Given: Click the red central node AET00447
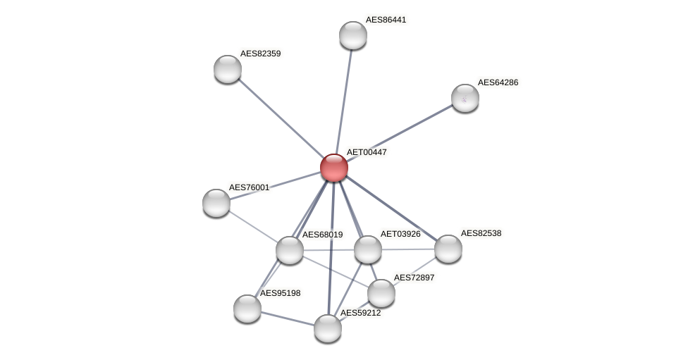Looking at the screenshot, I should (x=334, y=168).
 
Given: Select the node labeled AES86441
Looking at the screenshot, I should (x=353, y=35).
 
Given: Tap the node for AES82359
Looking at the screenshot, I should (x=228, y=69).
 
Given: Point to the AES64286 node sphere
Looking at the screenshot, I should (x=465, y=98).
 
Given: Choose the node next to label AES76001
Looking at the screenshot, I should (x=216, y=203).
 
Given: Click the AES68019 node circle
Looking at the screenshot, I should (x=290, y=250).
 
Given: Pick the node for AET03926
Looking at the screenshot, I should (x=368, y=249).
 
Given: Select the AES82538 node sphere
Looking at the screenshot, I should (x=448, y=249).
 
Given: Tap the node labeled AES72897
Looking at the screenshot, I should (x=381, y=293).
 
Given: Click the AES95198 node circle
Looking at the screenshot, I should (x=247, y=309).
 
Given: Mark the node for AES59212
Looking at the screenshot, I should (x=328, y=328).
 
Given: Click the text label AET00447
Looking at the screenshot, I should (x=367, y=152).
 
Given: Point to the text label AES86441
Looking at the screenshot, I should (x=386, y=20).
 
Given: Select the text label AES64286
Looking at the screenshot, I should (x=498, y=82).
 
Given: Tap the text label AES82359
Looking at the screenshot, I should (x=260, y=54).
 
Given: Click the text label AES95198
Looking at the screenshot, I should (x=280, y=293).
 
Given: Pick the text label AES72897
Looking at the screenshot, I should (x=414, y=278).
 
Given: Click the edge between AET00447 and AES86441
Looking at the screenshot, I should (x=344, y=99).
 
